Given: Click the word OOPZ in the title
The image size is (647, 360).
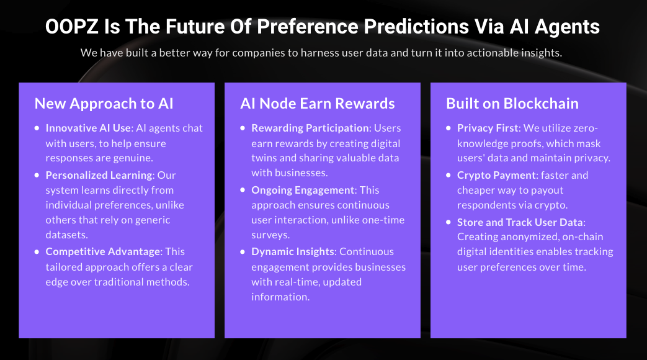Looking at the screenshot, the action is click(x=72, y=27).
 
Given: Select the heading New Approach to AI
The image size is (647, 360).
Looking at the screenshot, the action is click(x=104, y=104).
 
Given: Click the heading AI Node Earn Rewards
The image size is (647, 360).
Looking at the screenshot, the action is click(x=318, y=104).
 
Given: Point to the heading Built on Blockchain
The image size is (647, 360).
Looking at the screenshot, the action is click(x=512, y=104).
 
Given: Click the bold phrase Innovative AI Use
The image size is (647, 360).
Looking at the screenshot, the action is click(x=88, y=128).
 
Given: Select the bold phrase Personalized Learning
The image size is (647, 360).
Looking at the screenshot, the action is click(x=99, y=176).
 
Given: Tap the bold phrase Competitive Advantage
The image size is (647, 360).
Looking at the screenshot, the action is click(x=103, y=252).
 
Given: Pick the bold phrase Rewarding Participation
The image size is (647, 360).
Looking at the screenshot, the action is click(x=310, y=128).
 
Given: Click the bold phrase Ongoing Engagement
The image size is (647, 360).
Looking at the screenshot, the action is click(x=303, y=191).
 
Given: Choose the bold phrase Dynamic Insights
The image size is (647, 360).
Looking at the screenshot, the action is click(x=293, y=252).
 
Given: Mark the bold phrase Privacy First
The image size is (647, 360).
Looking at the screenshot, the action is click(x=488, y=128).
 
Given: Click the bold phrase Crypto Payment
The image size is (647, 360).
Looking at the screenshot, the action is click(x=496, y=176).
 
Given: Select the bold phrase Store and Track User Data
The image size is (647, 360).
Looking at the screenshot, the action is click(x=520, y=222).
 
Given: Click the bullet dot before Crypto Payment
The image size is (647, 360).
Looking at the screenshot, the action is click(x=448, y=176).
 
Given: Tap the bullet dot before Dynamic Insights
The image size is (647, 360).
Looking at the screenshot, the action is click(x=243, y=252).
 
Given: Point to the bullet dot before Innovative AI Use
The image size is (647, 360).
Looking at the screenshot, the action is click(x=37, y=128).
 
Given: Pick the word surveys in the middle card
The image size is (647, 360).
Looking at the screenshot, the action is click(x=270, y=235).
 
